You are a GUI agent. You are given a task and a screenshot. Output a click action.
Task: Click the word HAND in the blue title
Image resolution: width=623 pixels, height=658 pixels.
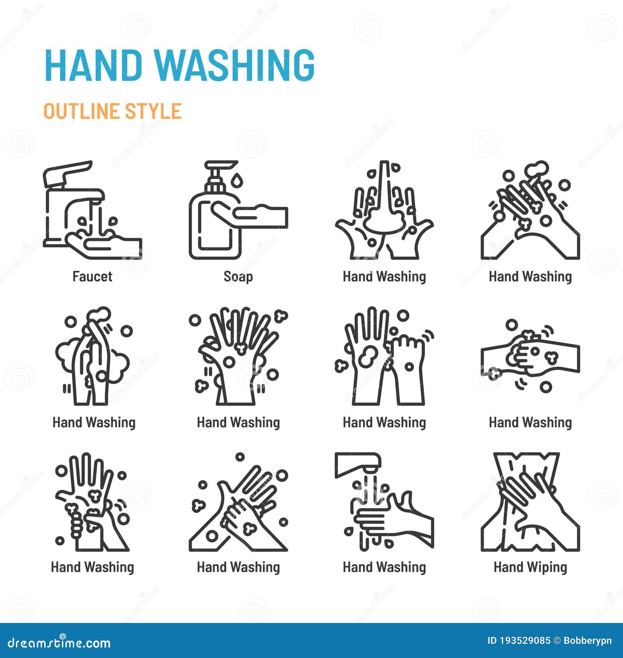coord(93,65)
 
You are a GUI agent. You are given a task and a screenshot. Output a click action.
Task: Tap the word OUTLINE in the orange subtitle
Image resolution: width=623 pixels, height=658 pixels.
coord(82,111)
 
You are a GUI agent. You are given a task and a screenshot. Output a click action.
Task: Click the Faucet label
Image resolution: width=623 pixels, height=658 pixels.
coord(92,276)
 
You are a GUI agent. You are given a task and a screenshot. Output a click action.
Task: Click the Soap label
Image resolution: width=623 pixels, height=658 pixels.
coord(238,276)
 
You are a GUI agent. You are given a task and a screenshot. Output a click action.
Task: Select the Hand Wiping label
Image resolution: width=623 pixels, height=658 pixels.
coord(530,567)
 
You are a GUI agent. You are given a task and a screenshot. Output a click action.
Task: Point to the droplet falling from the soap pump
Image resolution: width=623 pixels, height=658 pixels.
coord(237,180)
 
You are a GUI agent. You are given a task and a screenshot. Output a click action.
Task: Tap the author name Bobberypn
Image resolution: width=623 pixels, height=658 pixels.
coord(588,640)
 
